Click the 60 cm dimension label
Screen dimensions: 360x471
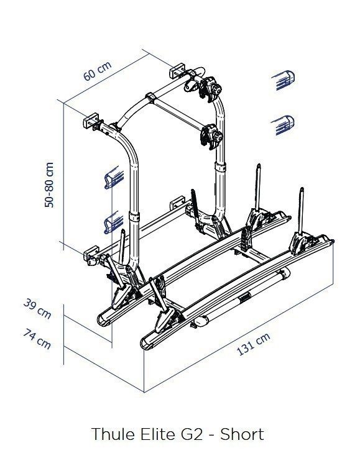pyautogui.click(x=97, y=71)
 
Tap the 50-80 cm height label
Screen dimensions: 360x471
pyautogui.click(x=48, y=185)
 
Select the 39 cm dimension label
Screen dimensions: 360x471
pyautogui.click(x=37, y=308)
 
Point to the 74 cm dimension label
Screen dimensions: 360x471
pyautogui.click(x=37, y=339)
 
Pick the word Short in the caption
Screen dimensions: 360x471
pyautogui.click(x=242, y=434)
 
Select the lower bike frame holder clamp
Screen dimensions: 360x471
pyautogui.click(x=211, y=137)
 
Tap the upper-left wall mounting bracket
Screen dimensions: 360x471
pyautogui.click(x=91, y=121)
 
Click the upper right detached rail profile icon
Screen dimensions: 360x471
pyautogui.click(x=284, y=80)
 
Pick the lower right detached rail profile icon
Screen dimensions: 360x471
pyautogui.click(x=283, y=125)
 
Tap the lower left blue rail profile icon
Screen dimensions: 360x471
pyautogui.click(x=114, y=222)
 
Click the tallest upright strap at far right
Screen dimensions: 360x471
pyautogui.click(x=301, y=210)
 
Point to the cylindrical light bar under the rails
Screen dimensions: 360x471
pyautogui.click(x=242, y=298)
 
